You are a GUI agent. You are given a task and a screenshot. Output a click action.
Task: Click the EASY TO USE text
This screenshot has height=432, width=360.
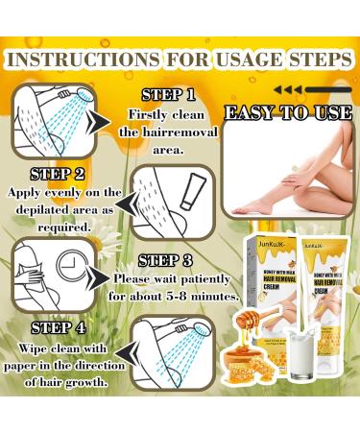(287, 113)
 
